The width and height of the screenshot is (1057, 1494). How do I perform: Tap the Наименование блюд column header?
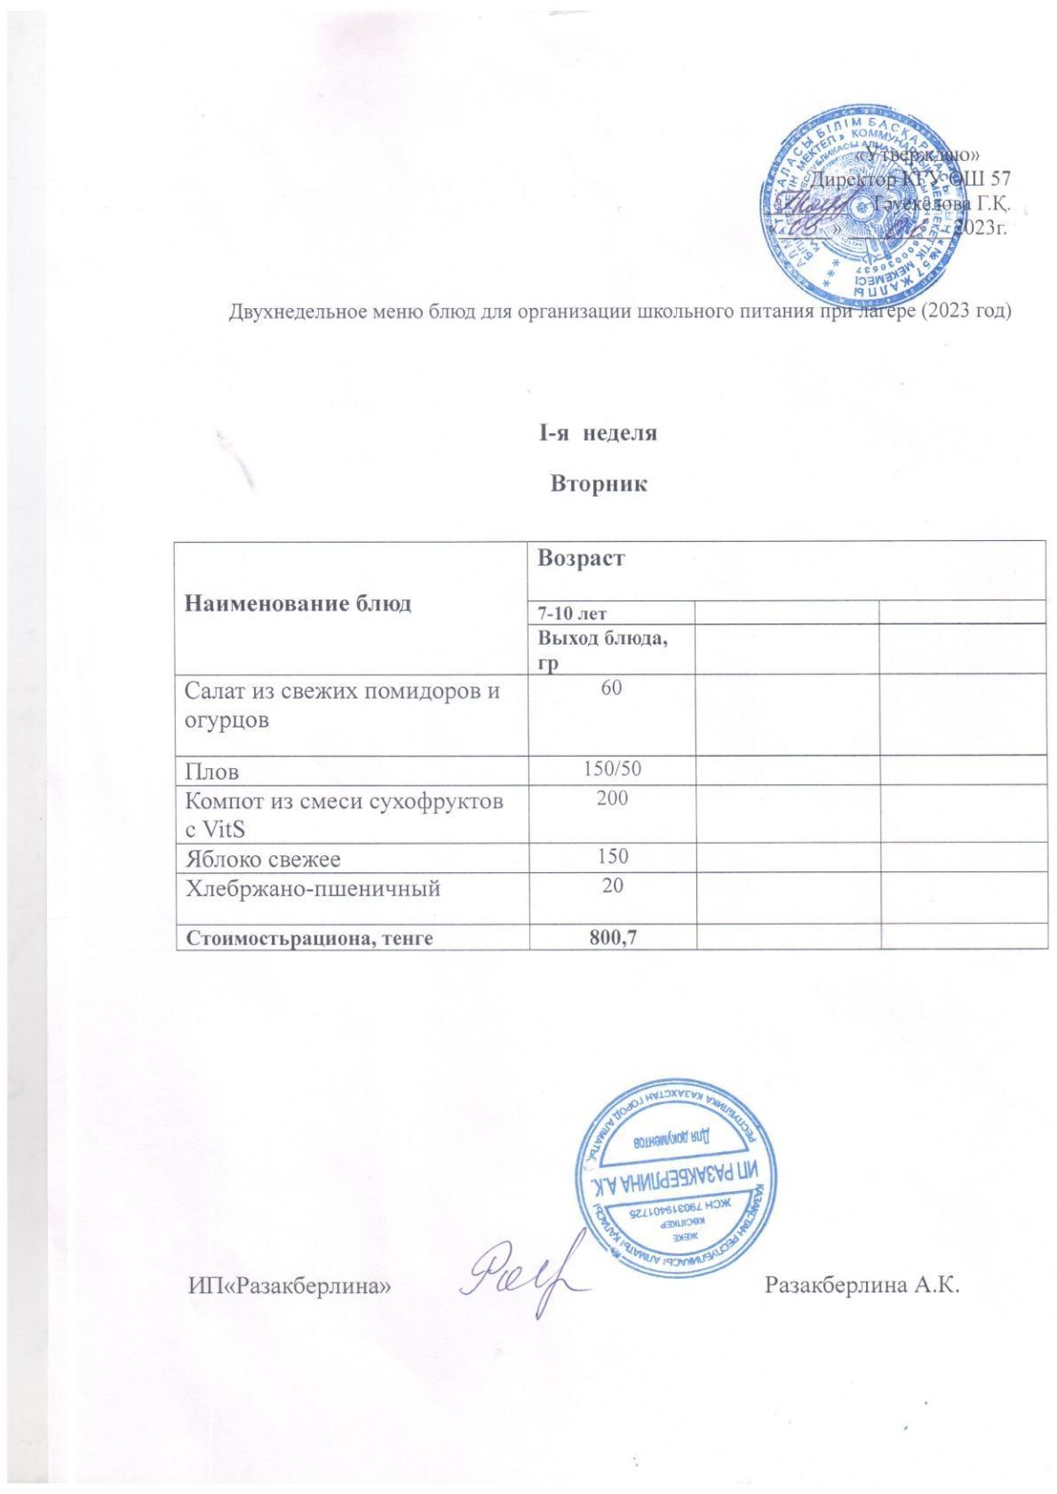[298, 604]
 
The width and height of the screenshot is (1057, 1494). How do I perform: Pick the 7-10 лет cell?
[572, 613]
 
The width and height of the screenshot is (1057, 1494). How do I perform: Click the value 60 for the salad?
[610, 688]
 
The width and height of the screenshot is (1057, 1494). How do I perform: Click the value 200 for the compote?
[612, 798]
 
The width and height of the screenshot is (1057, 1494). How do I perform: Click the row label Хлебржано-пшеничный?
[312, 887]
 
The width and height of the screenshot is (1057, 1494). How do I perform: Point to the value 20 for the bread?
[611, 885]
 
